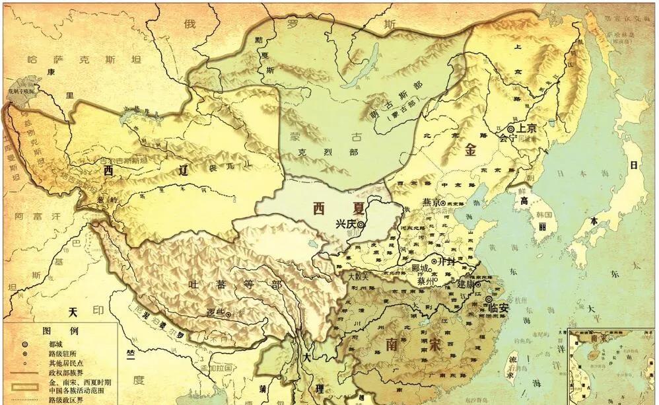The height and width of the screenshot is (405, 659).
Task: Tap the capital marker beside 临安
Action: [489, 299]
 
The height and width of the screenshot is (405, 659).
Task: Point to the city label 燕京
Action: [431, 202]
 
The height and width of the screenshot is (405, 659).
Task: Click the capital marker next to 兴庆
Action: [361, 225]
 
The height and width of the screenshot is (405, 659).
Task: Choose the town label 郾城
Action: [420, 269]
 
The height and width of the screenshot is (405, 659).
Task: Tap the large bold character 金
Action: [470, 150]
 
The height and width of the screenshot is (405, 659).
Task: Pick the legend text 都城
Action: [56, 344]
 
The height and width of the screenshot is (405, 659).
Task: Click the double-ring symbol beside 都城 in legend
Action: [24, 344]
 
